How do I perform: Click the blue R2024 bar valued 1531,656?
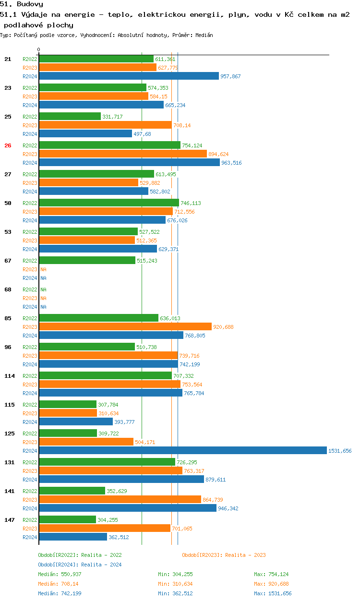point(182,450)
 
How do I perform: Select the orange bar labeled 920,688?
point(125,326)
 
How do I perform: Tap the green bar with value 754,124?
point(109,145)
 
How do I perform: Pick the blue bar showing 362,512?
point(73,537)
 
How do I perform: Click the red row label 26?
point(8,145)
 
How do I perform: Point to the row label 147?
point(9,520)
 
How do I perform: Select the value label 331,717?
point(112,117)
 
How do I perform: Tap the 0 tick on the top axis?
point(39,49)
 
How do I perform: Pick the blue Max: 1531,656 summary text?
point(272,593)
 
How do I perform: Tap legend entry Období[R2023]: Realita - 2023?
point(224,555)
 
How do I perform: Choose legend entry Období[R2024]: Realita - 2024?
point(80,565)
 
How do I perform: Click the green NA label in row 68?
point(43,289)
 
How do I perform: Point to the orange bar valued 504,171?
point(86,442)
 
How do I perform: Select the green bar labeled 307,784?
point(68,404)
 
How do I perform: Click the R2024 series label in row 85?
point(30,336)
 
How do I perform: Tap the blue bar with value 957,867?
point(129,76)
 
